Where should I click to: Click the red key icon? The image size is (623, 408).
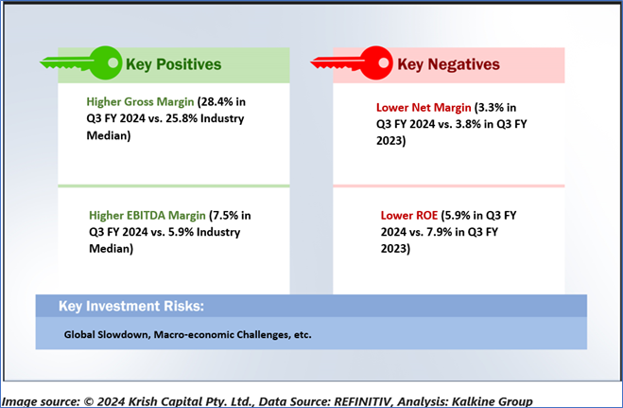click(x=352, y=62)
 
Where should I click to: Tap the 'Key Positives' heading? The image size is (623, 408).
click(x=173, y=64)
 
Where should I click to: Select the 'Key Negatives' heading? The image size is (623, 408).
click(x=448, y=64)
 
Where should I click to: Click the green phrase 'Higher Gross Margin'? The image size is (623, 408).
click(x=140, y=102)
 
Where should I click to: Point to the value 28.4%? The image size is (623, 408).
click(x=216, y=102)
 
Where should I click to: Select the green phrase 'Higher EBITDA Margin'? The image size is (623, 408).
click(x=147, y=216)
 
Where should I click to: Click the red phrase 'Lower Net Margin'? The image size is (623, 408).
click(x=424, y=107)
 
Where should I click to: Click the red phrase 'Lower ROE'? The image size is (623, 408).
click(x=409, y=216)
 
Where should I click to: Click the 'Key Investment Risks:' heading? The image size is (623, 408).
click(x=131, y=306)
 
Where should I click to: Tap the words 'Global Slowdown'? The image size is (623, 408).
click(x=107, y=334)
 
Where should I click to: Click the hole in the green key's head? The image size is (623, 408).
click(x=112, y=62)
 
